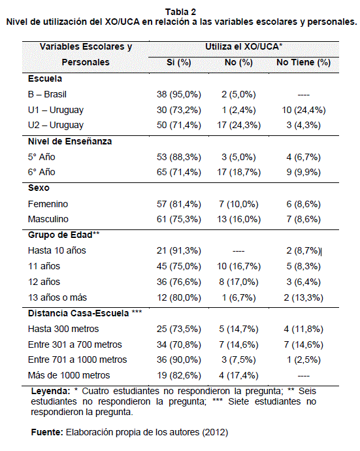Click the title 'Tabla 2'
click(180, 12)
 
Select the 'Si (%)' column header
click(179, 62)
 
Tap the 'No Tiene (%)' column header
click(304, 62)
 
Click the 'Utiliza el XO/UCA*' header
click(244, 46)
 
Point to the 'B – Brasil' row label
click(47, 94)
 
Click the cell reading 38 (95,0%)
click(179, 94)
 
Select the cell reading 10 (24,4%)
click(304, 110)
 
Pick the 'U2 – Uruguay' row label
click(56, 125)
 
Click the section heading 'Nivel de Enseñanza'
click(70, 141)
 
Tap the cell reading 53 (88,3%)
click(179, 157)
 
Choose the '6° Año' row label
click(42, 172)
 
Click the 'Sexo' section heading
click(39, 188)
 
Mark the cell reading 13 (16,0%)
click(238, 219)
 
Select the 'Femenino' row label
click(48, 204)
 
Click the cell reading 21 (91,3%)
click(179, 250)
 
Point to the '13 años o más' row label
click(57, 297)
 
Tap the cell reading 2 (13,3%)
click(304, 297)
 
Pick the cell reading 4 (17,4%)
click(238, 375)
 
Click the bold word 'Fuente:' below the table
click(47, 432)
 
